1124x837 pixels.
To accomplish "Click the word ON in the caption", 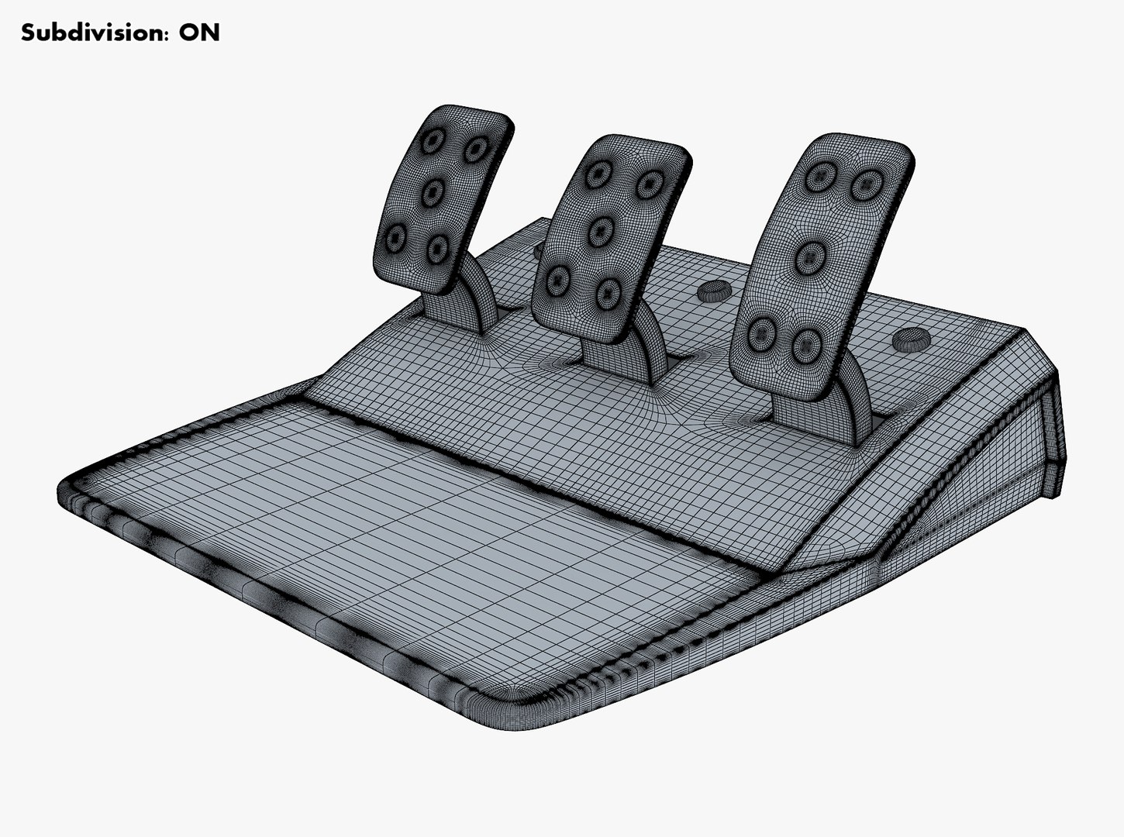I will point(200,33).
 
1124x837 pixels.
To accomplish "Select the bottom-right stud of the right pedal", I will point(807,342).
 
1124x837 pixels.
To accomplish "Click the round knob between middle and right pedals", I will point(712,290).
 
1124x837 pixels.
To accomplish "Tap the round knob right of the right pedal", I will point(910,339).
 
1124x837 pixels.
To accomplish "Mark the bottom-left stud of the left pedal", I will point(395,236).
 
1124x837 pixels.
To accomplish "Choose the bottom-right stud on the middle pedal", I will point(606,291).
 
